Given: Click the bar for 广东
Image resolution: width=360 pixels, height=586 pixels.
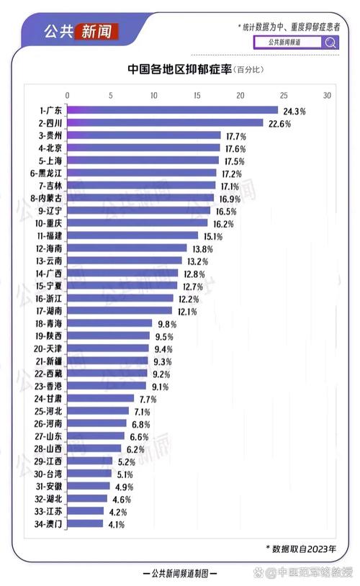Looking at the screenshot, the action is pos(172,110).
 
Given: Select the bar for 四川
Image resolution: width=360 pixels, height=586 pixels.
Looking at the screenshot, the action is pos(165,123).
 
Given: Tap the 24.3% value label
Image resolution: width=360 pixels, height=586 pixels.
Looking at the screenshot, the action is pos(294,112).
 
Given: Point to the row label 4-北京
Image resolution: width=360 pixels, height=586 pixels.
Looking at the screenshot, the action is pos(50,148).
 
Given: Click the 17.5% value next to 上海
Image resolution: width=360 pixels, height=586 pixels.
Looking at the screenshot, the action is pos(235,161).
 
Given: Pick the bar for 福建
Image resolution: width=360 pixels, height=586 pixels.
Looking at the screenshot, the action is pos(132,235).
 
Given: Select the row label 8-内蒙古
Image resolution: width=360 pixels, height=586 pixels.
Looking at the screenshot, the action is pos(46,199).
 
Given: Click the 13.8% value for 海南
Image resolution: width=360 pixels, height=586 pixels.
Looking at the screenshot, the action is pos(202,249).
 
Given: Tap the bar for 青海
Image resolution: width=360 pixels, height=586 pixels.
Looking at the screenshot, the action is pos(109,323).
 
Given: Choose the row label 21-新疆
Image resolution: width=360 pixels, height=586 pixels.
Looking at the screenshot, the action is pos(48,361).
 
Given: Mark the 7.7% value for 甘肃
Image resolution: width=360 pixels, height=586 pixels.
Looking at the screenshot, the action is pos(148,400).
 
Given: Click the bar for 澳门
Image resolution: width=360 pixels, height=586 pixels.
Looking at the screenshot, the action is pos(85,523).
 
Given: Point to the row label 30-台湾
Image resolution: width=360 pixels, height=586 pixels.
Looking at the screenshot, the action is pos(48,474).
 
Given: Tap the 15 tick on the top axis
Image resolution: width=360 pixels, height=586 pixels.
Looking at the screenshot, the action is pos(197,96).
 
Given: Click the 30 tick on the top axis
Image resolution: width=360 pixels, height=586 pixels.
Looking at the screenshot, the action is pos(327,96).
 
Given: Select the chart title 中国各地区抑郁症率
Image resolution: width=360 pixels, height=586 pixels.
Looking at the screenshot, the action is pos(180,69).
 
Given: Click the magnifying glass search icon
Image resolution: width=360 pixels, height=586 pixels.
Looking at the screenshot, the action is pos(330,42).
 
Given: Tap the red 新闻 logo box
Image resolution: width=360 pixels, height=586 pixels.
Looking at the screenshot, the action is pos(96,32).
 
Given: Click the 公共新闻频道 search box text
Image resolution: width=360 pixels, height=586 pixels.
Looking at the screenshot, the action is pos(284,42).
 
